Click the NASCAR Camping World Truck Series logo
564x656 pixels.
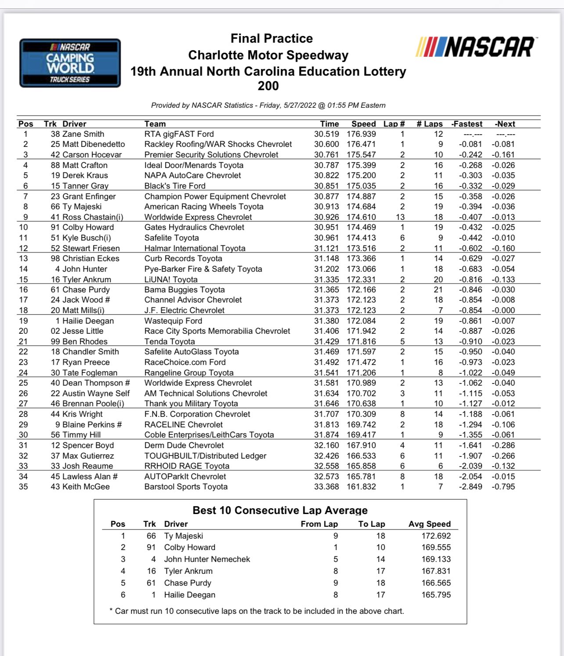[70, 63]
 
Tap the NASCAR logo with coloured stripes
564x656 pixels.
[475, 47]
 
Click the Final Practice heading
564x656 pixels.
[271, 39]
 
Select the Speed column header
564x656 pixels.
[363, 124]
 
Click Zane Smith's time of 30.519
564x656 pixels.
[326, 134]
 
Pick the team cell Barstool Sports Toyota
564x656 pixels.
[186, 487]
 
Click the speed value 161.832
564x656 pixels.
[361, 487]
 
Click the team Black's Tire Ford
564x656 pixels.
[175, 186]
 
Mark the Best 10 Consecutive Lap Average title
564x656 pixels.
[280, 510]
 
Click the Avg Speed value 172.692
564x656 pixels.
[436, 536]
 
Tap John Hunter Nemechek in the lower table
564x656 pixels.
[207, 559]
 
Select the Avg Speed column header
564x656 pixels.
[429, 524]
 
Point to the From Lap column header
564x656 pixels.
[319, 524]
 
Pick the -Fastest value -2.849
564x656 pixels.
[470, 487]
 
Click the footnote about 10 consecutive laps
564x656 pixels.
[257, 611]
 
